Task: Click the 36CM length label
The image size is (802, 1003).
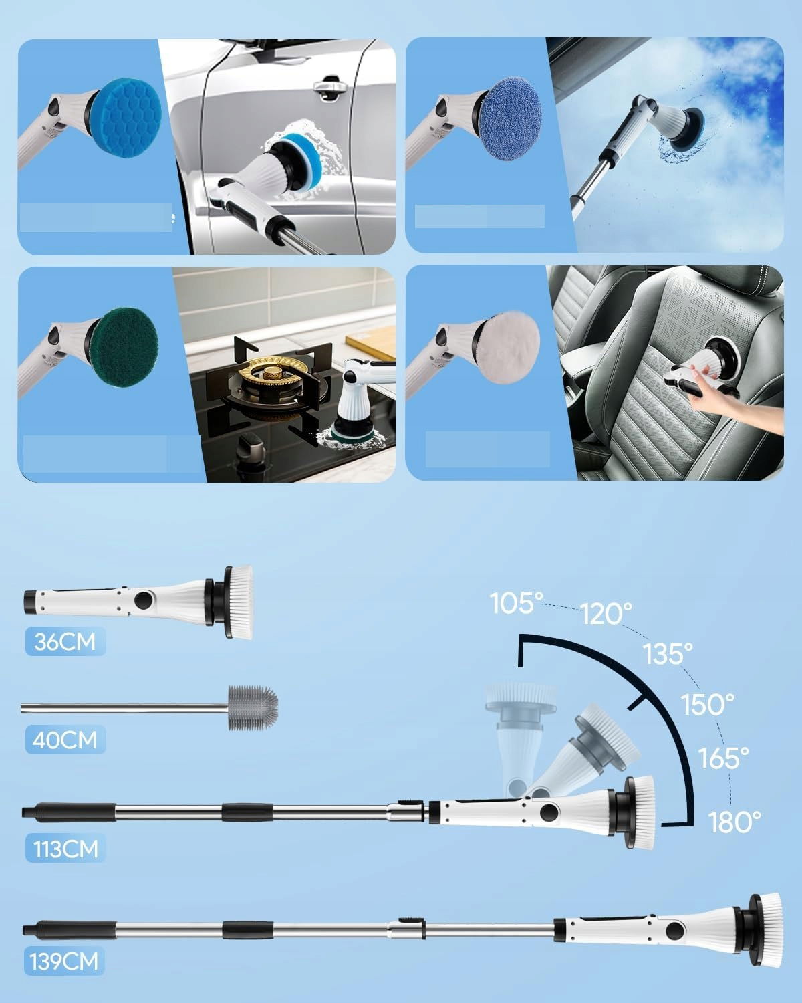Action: (x=65, y=642)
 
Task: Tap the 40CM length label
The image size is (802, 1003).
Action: (x=65, y=740)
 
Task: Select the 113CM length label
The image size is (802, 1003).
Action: (x=65, y=849)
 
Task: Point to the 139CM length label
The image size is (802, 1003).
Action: (x=64, y=961)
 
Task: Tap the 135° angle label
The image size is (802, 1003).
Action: (x=668, y=653)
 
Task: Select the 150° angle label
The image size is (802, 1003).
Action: (x=707, y=704)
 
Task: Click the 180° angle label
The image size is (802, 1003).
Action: (x=734, y=822)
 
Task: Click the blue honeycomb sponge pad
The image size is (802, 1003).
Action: (x=126, y=118)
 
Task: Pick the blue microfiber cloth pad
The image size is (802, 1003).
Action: (x=511, y=119)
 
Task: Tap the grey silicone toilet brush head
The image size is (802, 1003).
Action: (x=253, y=707)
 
